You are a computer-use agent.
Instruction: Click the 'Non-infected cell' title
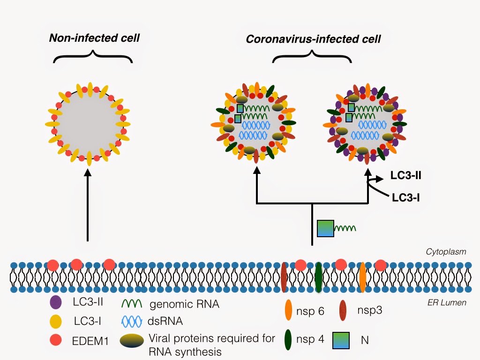pos(94,38)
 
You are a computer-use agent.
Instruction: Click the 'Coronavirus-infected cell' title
pos(313,39)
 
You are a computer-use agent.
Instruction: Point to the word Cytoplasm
pos(446,252)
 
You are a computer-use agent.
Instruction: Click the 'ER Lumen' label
pos(449,302)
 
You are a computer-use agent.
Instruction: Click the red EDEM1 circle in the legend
pos(57,341)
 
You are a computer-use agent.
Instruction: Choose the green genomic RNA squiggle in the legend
pos(133,304)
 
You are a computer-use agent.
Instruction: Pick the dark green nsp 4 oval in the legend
pos(288,340)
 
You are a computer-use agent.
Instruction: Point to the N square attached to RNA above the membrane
pos(325,228)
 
